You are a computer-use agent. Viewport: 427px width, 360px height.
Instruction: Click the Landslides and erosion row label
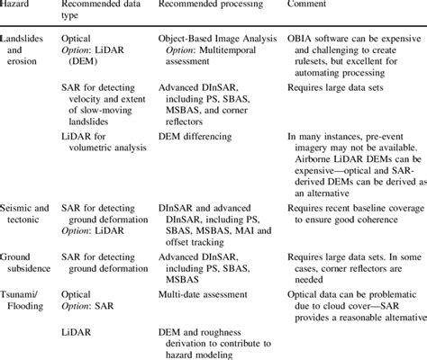pos(25,52)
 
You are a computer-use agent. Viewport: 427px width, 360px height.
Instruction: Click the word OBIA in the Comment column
pos(302,41)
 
